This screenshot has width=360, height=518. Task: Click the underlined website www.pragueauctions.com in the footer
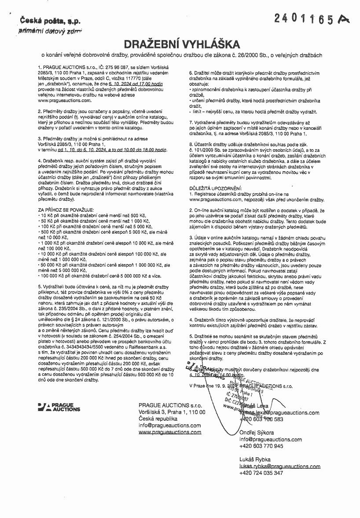coord(170,432)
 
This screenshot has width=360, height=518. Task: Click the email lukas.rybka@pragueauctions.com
coord(273,466)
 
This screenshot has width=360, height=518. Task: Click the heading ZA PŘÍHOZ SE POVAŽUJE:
coord(66,209)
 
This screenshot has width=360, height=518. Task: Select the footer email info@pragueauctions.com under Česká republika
coord(169,426)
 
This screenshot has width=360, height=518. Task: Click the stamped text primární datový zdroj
coord(44,31)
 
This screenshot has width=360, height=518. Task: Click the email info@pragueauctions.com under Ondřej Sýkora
coord(271,439)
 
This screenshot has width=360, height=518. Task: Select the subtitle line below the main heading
coord(182,55)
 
